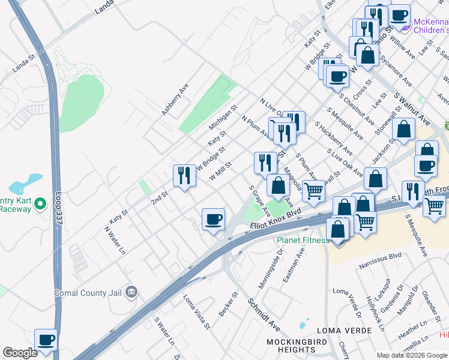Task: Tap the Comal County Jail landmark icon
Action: pos(132,293)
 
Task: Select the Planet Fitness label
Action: pos(303,241)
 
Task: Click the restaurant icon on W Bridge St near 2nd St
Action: pos(184,175)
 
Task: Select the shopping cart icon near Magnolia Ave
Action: pos(313,191)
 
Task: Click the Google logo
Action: pos(20,353)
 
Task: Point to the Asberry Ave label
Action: pos(175,100)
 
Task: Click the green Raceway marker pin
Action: pos(40,204)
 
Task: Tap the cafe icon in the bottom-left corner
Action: pos(46,340)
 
